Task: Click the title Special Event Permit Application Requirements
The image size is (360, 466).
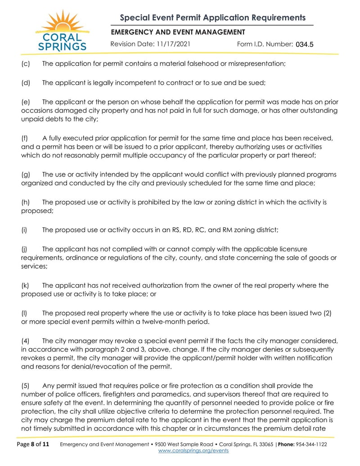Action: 212,18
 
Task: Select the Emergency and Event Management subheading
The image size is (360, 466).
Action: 178,32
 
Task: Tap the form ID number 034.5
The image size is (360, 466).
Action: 304,44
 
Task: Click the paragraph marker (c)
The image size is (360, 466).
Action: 25,63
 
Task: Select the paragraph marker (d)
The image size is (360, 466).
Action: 25,83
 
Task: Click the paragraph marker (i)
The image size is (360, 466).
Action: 24,230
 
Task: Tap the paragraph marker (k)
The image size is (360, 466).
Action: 25,285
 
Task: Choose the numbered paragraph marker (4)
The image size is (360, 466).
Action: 26,341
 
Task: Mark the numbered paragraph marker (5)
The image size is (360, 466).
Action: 26,386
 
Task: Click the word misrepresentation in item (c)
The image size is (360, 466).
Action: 256,63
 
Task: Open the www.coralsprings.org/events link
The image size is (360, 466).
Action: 194,451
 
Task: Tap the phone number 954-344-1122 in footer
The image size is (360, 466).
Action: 312,444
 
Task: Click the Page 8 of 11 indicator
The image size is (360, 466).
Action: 33,444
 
